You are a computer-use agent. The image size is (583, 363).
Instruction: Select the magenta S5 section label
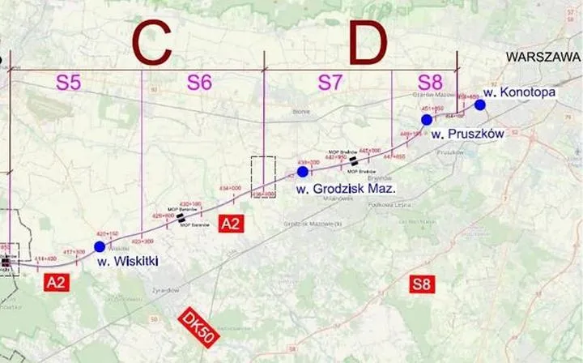pyautogui.click(x=69, y=82)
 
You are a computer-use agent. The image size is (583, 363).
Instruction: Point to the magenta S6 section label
pyautogui.click(x=199, y=82)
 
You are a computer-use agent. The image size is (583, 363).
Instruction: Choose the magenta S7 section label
pyautogui.click(x=330, y=82)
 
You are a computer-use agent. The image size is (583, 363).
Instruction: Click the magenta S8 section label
pyautogui.click(x=430, y=82)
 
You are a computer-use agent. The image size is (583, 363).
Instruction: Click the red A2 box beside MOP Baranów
pyautogui.click(x=230, y=225)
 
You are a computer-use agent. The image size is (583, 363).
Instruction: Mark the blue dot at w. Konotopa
pyautogui.click(x=480, y=105)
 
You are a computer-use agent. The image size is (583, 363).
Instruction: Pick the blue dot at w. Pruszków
pyautogui.click(x=427, y=120)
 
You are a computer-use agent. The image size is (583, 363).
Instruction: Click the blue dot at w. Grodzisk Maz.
pyautogui.click(x=303, y=172)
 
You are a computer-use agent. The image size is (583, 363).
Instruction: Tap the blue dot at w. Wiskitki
pyautogui.click(x=100, y=246)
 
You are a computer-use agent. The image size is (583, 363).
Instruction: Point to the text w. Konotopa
pyautogui.click(x=519, y=92)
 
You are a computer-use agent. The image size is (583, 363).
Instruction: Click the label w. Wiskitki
pyautogui.click(x=127, y=261)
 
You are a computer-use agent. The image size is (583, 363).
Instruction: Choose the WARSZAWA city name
pyautogui.click(x=542, y=57)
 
